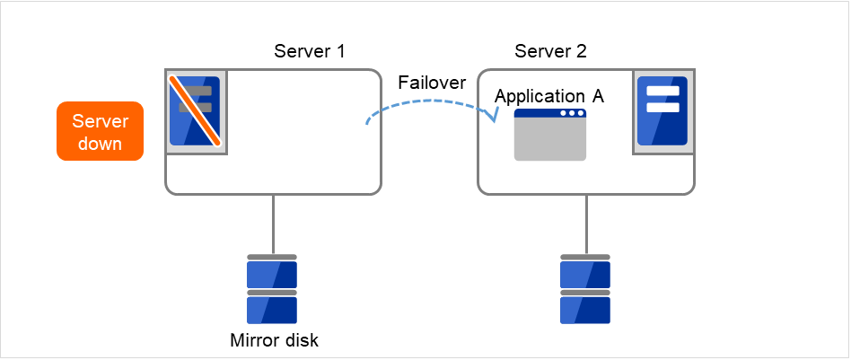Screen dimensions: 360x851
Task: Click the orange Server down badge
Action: pyautogui.click(x=100, y=131)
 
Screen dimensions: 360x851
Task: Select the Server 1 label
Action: pyautogui.click(x=309, y=51)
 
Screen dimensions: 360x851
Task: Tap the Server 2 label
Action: pyautogui.click(x=550, y=51)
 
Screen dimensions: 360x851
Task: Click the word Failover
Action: pyautogui.click(x=432, y=83)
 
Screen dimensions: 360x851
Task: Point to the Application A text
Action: pyautogui.click(x=549, y=97)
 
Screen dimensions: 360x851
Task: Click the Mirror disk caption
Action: pyautogui.click(x=274, y=340)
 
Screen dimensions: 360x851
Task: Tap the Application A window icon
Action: pyautogui.click(x=549, y=135)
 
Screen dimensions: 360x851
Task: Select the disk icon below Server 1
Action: pyautogui.click(x=272, y=289)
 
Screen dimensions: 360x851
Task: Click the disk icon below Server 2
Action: pyautogui.click(x=585, y=289)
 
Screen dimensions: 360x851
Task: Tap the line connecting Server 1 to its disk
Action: pyautogui.click(x=273, y=224)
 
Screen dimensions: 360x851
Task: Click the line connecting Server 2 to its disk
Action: pyautogui.click(x=586, y=224)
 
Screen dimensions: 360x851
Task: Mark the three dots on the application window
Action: pyautogui.click(x=571, y=114)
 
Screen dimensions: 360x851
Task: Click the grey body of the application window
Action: pyautogui.click(x=549, y=141)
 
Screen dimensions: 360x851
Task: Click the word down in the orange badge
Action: pyautogui.click(x=100, y=143)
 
